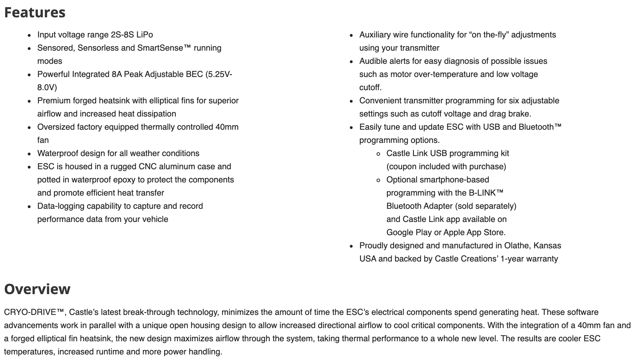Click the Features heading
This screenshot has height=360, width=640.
tap(35, 12)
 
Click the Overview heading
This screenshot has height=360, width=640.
tap(37, 289)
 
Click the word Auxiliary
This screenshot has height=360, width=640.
tap(375, 35)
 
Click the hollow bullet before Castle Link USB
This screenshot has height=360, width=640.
tap(378, 154)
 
